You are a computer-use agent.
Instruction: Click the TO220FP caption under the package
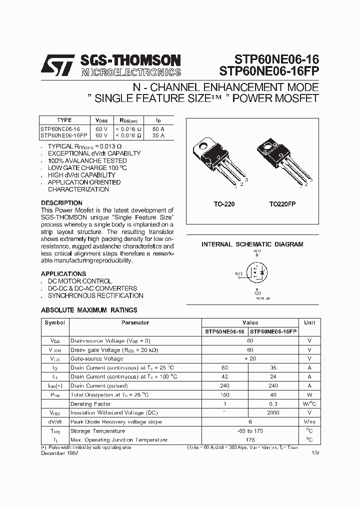[x=280, y=204]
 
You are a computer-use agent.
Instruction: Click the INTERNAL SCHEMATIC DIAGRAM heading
[x=252, y=244]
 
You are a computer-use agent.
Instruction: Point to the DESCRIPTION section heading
[x=61, y=203]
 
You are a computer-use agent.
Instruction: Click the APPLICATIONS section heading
[x=63, y=274]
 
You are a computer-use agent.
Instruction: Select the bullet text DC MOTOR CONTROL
[x=79, y=281]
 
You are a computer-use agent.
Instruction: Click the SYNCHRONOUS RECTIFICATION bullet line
[x=95, y=295]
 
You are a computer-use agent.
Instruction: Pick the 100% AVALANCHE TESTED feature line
[x=87, y=161]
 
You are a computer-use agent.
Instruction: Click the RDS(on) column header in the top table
[x=128, y=120]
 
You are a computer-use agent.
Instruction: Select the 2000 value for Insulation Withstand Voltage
[x=272, y=413]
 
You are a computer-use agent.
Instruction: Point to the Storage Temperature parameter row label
[x=97, y=431]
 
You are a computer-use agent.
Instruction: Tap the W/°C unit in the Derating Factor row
[x=309, y=404]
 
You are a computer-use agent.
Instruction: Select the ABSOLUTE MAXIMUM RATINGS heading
[x=89, y=310]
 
